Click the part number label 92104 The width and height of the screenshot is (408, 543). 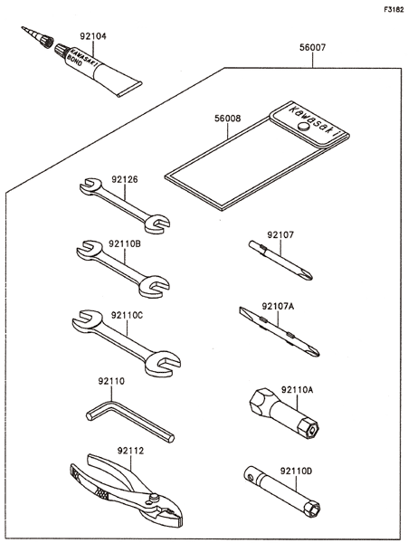93,36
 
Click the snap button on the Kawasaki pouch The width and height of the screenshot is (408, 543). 303,126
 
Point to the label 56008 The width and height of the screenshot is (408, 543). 227,119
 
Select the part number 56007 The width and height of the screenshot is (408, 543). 312,47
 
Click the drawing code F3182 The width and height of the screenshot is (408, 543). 394,10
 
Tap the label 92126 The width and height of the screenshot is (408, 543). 125,179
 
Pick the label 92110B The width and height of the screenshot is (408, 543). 125,244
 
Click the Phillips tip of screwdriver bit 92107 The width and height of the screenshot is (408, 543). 307,275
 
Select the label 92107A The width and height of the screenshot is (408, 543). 278,306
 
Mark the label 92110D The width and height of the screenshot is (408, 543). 296,471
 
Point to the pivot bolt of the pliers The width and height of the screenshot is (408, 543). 154,498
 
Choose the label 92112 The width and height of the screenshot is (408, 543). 130,451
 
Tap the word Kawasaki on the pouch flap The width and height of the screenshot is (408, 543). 315,122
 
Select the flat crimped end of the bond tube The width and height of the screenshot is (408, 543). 129,90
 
